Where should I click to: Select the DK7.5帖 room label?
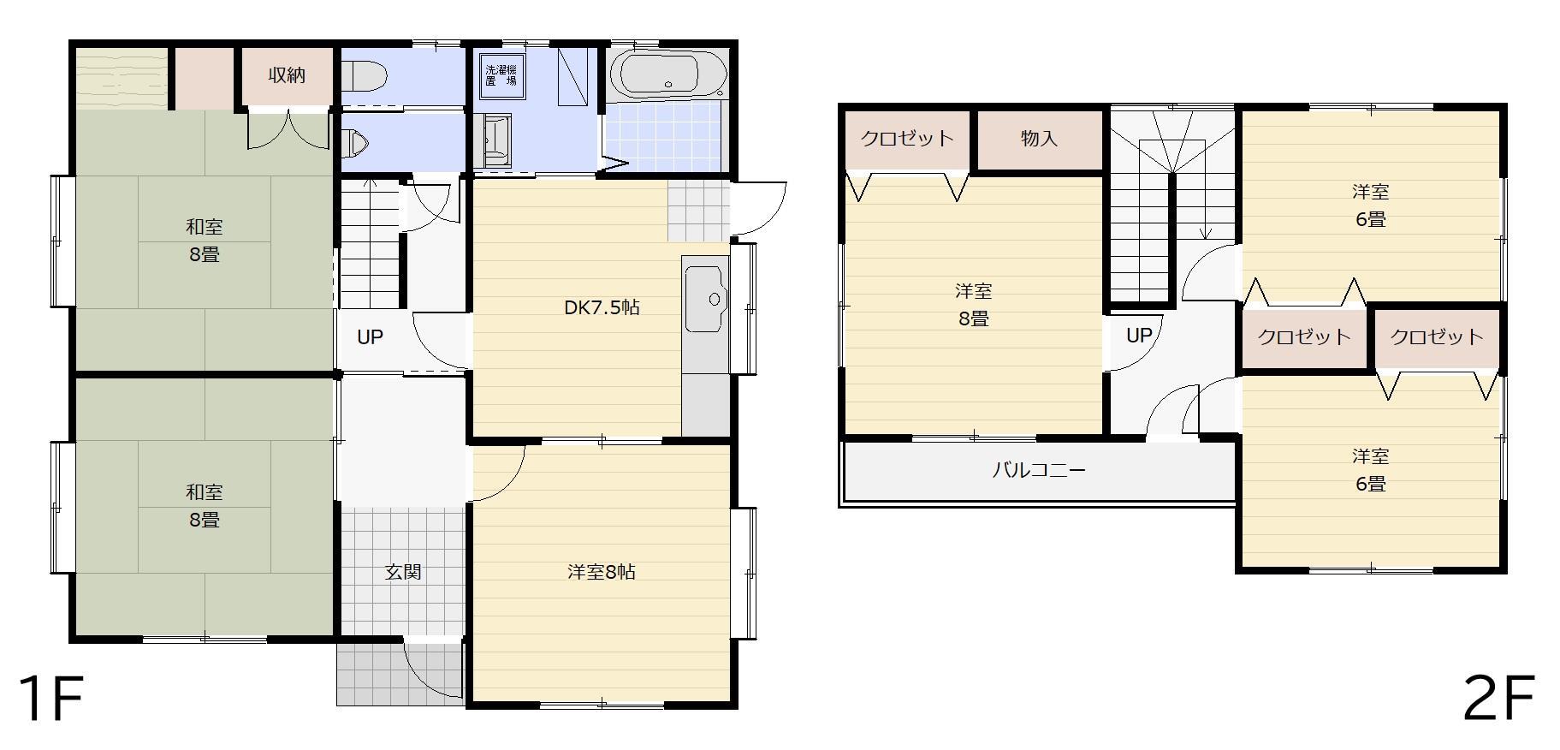[602, 307]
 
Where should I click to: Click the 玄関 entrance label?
[402, 572]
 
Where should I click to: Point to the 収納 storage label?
[287, 75]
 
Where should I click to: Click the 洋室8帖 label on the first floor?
[602, 572]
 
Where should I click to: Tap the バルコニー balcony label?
[1039, 470]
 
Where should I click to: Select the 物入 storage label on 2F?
[1039, 139]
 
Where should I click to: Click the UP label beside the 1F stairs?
[370, 337]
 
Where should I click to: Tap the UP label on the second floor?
[1139, 336]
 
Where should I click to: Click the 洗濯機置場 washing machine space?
[501, 75]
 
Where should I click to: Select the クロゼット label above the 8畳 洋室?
[907, 139]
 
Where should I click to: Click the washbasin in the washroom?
[494, 140]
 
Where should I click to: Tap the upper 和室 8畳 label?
[205, 241]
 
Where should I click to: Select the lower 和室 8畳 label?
[205, 506]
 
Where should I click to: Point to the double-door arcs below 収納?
[288, 128]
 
